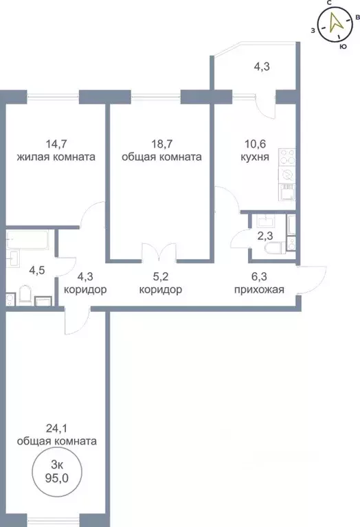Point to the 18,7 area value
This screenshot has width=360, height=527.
161,144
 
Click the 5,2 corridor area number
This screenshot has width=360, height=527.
160,278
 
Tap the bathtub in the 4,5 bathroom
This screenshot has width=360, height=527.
27,243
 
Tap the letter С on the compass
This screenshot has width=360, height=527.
330,3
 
